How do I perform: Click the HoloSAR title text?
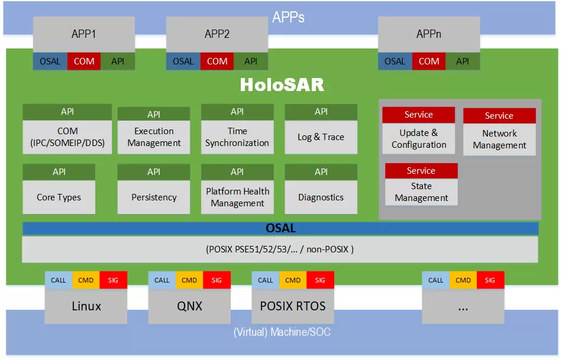[x=282, y=85]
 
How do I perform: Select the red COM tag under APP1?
[x=84, y=61]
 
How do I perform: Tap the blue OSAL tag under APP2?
[x=183, y=61]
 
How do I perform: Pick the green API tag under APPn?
[x=463, y=61]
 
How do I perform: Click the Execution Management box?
[x=154, y=137]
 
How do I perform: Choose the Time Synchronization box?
[x=237, y=137]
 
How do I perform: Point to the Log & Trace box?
[x=321, y=137]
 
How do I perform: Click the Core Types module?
[x=59, y=197]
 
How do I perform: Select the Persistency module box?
[x=154, y=197]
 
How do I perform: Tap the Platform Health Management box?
[x=237, y=197]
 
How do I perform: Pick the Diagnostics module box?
[x=321, y=197]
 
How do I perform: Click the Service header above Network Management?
[x=499, y=116]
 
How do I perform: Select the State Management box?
[x=421, y=192]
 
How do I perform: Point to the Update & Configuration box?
[x=419, y=139]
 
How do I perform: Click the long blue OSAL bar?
[x=280, y=228]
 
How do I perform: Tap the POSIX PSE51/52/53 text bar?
[x=280, y=249]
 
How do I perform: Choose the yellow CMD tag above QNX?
[x=189, y=280]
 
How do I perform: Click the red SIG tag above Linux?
[x=113, y=280]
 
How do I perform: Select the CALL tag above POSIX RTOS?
[x=266, y=280]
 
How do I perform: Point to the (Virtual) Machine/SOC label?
[x=282, y=332]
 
